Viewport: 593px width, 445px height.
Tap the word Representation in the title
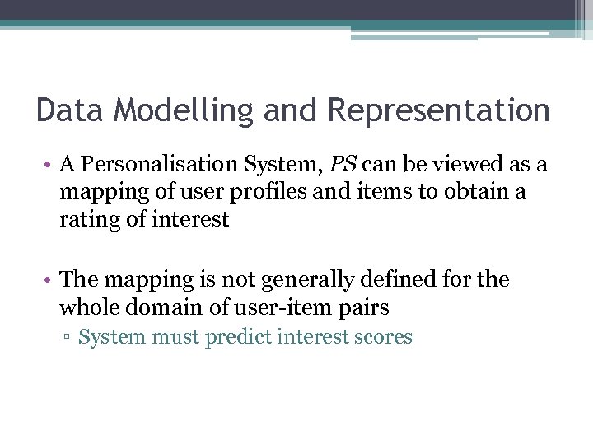click(x=438, y=110)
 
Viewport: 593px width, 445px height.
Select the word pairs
click(x=363, y=309)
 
